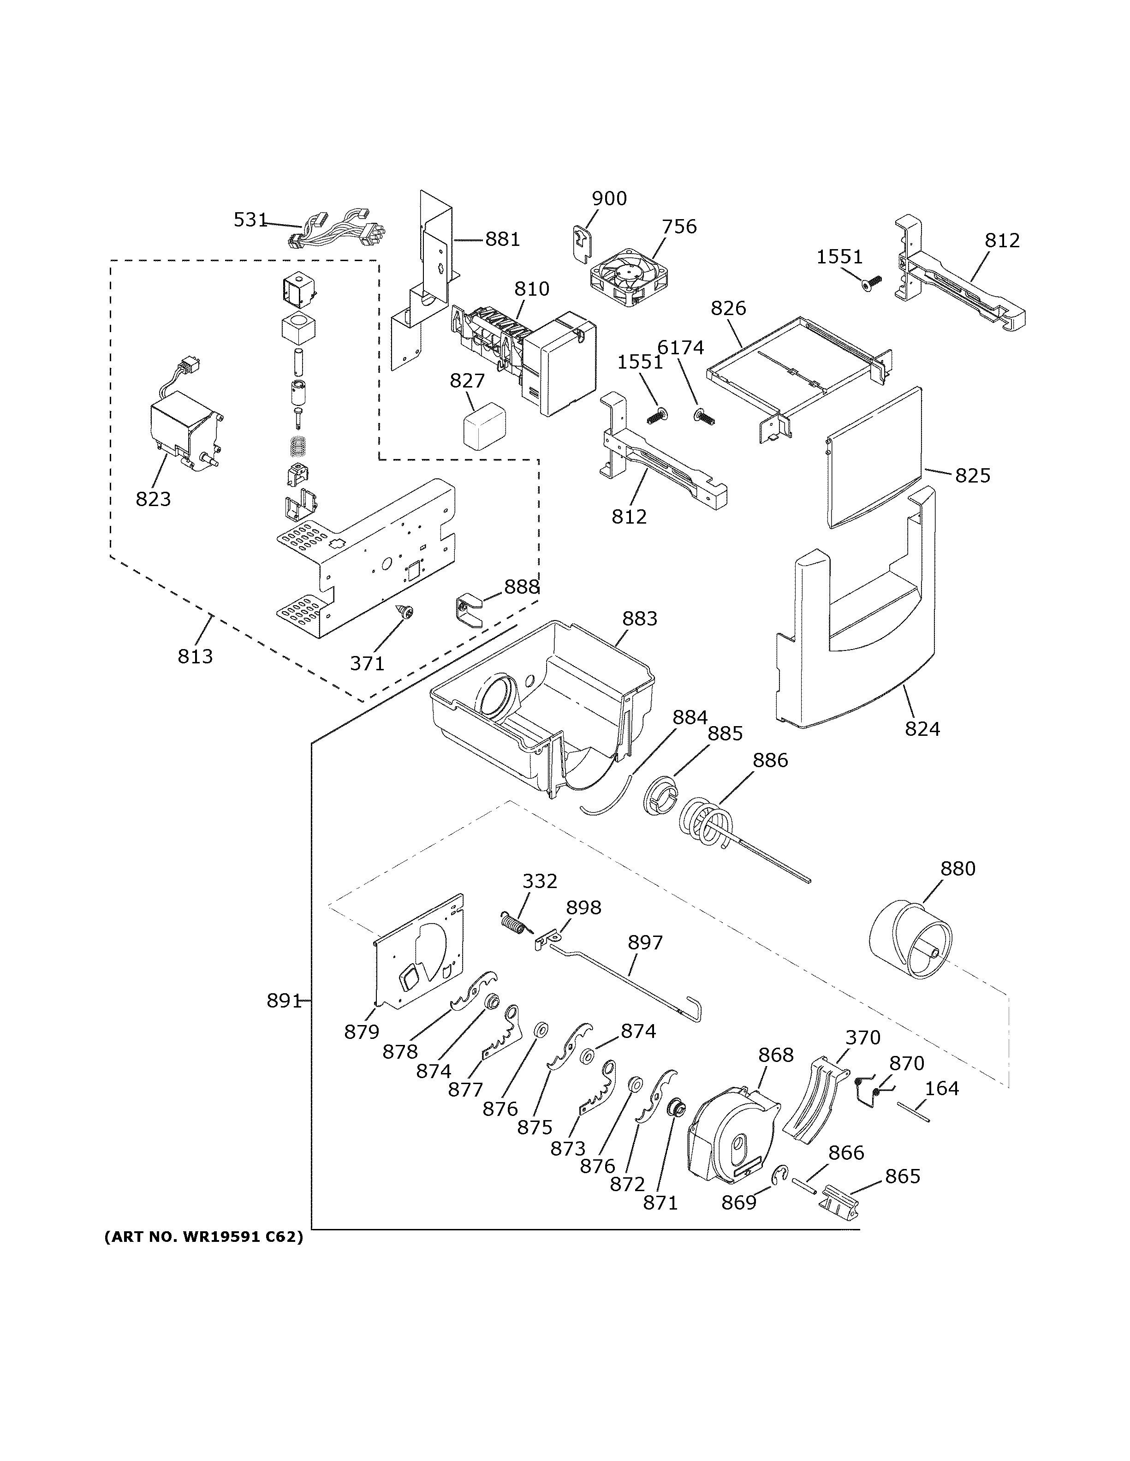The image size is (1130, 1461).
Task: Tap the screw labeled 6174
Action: pyautogui.click(x=705, y=417)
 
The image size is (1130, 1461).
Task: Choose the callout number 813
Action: pyautogui.click(x=195, y=656)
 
